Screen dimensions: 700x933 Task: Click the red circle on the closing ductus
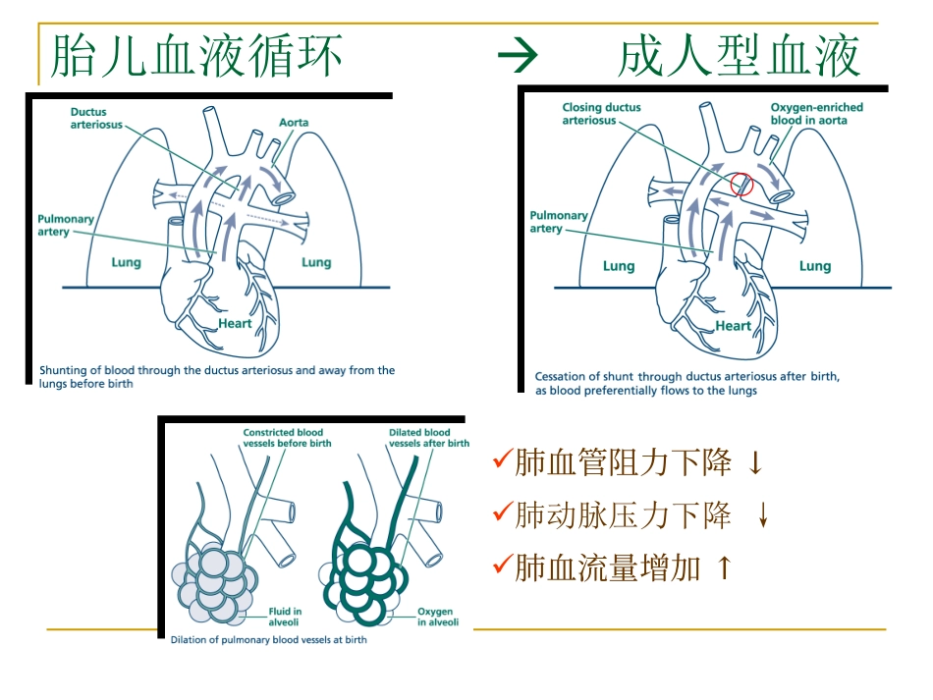coord(742,184)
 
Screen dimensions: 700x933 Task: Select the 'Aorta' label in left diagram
coord(293,123)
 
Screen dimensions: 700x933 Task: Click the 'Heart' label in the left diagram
coord(235,323)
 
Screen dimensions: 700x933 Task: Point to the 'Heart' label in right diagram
coord(733,326)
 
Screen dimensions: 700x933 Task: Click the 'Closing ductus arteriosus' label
coord(601,114)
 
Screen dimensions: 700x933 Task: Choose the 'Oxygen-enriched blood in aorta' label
coord(808,114)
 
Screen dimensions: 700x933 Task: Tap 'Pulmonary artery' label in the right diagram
coord(558,222)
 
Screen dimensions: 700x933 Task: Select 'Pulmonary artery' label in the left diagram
coord(66,225)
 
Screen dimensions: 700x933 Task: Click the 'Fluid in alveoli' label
coord(285,616)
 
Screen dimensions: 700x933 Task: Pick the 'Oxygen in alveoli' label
coord(434,616)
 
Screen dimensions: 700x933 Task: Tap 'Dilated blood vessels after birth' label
coord(428,438)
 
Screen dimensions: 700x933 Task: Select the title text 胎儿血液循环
coord(196,56)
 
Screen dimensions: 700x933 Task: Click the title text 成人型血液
coord(740,56)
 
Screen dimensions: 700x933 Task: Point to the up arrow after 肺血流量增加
coord(724,567)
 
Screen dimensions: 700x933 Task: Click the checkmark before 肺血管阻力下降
coord(502,461)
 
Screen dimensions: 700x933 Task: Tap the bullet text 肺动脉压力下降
coord(623,514)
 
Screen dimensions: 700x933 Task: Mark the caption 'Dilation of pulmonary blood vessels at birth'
coord(268,639)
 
